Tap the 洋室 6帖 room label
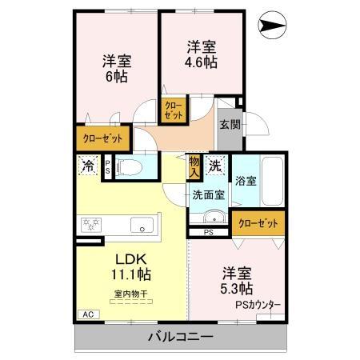pos(117,68)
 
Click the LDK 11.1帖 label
pos(130,266)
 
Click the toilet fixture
pos(131,167)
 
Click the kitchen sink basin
pos(143,226)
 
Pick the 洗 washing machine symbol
pos(215,166)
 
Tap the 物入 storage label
pos(194,167)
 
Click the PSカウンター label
pos(258,304)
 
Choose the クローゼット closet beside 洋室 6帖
pos(102,138)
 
